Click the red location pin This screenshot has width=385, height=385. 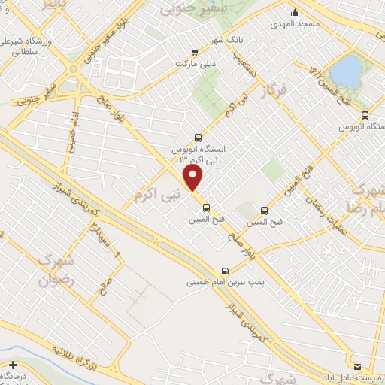194,177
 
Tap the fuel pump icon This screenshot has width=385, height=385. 223,271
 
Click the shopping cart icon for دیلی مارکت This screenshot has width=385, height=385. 195,53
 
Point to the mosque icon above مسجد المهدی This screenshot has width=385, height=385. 296,12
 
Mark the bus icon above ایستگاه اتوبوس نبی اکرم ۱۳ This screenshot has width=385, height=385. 198,138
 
